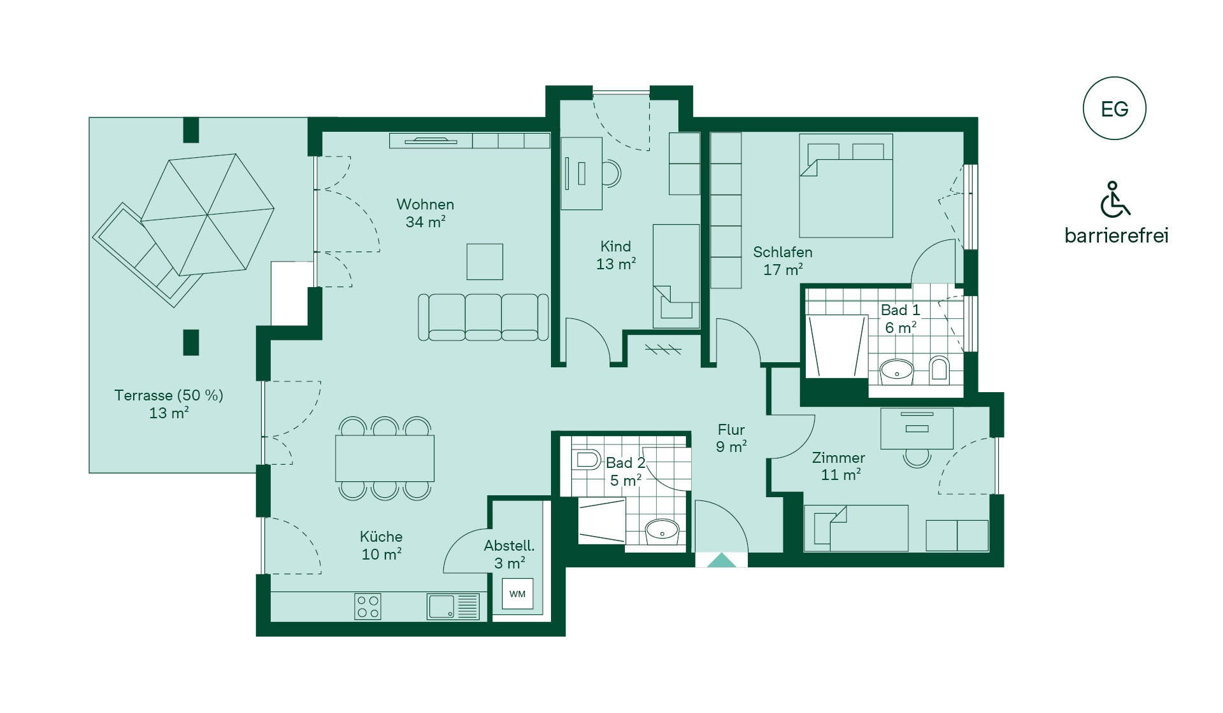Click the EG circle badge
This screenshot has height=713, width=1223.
click(x=1114, y=108)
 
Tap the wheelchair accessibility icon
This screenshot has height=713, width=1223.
click(x=1115, y=199)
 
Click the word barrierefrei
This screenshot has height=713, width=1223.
click(x=1117, y=236)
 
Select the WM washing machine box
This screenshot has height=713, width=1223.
click(x=517, y=594)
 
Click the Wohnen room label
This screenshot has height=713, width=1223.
click(x=426, y=204)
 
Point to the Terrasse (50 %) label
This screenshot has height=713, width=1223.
click(x=169, y=395)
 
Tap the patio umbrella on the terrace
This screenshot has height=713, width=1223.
click(x=208, y=215)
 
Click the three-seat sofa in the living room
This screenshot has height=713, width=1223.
click(x=483, y=317)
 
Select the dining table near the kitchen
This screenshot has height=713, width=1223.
click(x=385, y=458)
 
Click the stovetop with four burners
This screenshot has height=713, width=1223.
click(x=368, y=606)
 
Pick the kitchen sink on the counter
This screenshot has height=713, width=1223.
click(x=453, y=606)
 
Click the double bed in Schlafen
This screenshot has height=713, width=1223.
click(x=846, y=186)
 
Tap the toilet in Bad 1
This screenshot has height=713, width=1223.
click(x=939, y=368)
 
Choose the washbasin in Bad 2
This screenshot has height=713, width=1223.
click(x=662, y=531)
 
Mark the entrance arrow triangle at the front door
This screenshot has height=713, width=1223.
click(x=721, y=560)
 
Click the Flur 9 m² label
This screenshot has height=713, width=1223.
click(x=731, y=438)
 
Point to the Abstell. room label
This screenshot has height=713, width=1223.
click(x=509, y=546)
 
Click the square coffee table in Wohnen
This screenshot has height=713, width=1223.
click(x=485, y=262)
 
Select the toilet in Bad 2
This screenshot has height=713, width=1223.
click(x=587, y=460)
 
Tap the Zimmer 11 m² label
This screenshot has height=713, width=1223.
click(x=839, y=466)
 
